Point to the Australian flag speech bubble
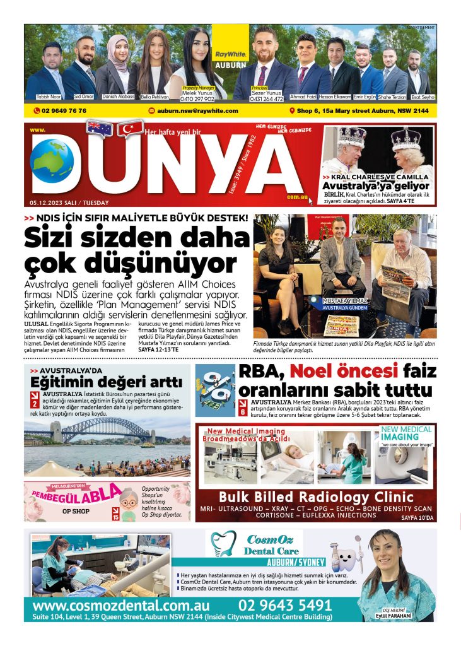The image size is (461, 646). click(100, 129)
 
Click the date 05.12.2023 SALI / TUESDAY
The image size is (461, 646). click(69, 203)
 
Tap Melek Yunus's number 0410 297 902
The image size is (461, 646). click(197, 99)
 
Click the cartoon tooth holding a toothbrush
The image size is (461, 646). click(345, 555)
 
